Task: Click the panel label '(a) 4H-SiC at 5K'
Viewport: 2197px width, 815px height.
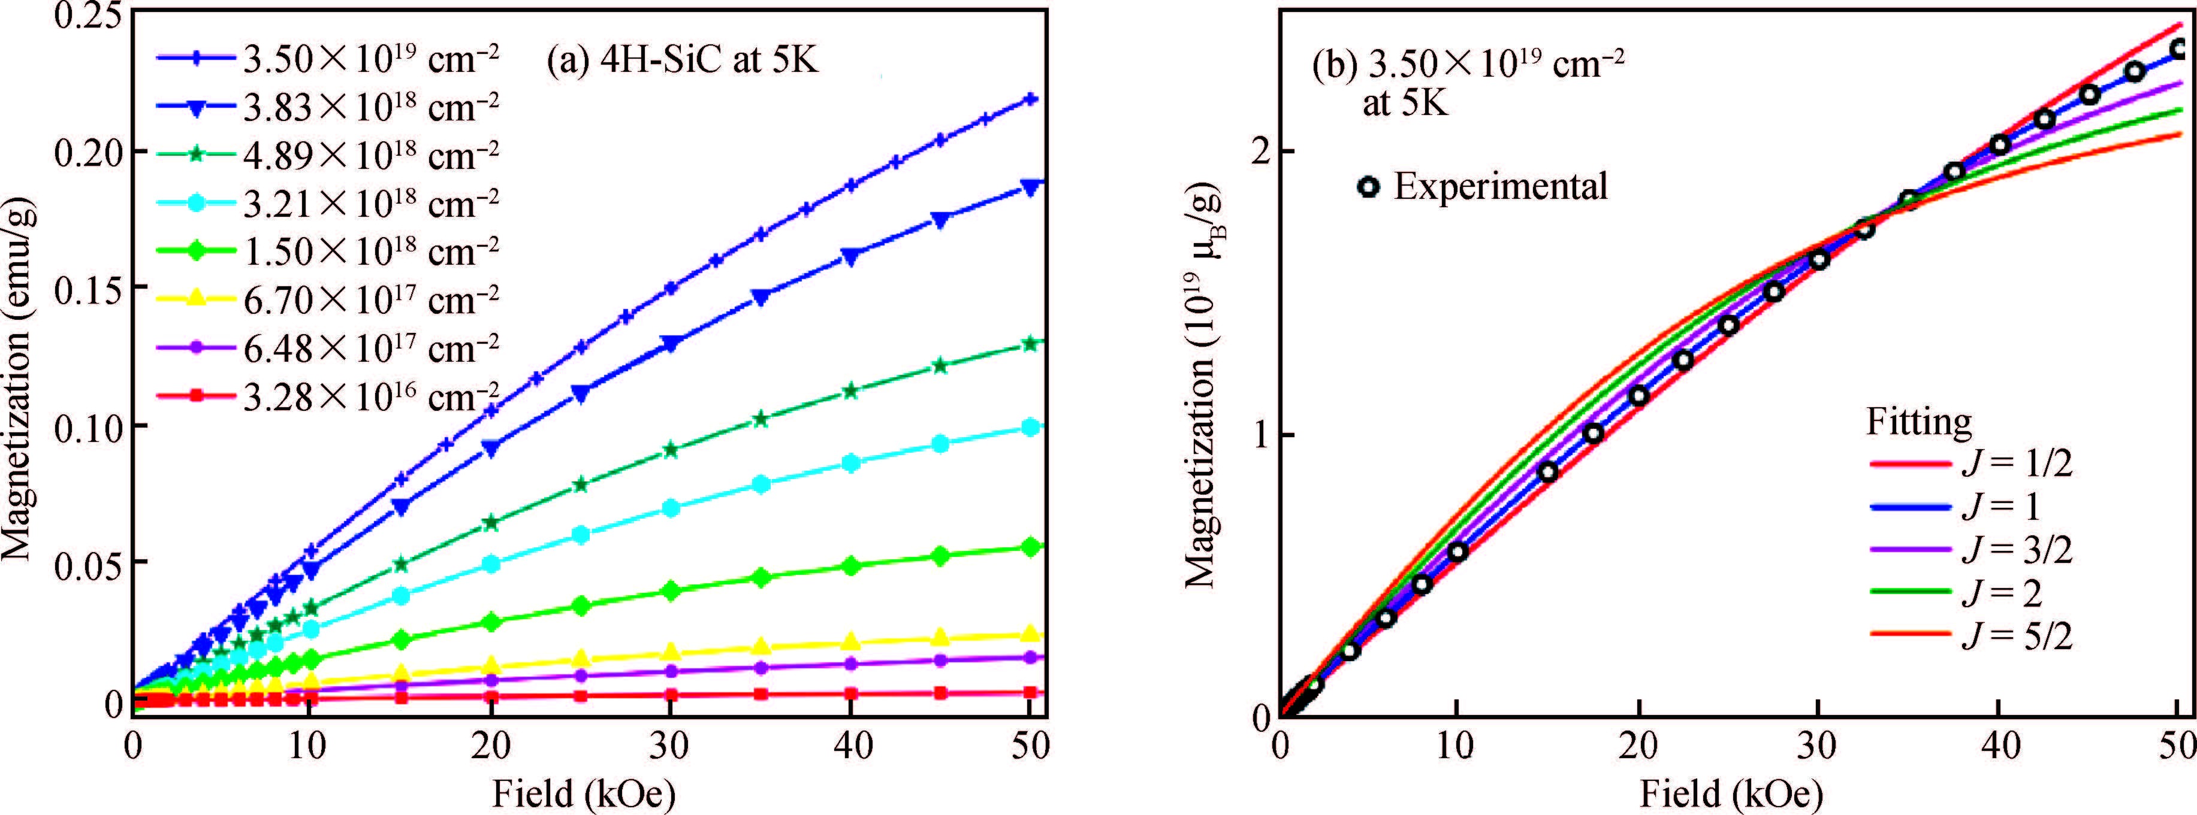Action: tap(683, 60)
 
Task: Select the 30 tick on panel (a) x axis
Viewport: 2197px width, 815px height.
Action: tap(669, 747)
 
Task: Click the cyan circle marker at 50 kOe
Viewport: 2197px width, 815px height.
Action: tap(1030, 427)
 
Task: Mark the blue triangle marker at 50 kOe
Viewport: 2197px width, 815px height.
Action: tap(1030, 187)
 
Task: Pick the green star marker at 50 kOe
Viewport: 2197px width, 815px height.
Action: tap(1030, 344)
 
